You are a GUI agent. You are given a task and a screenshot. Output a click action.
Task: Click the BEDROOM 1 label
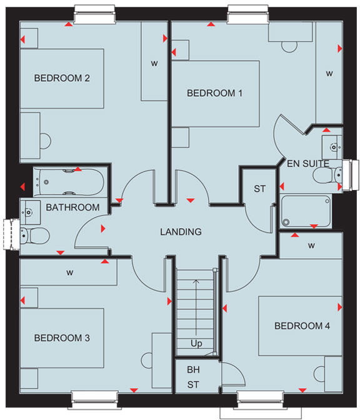[x=215, y=93]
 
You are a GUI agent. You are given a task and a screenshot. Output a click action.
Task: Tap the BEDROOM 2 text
[x=62, y=78]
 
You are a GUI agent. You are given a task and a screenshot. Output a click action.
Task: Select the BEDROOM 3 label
[x=62, y=337]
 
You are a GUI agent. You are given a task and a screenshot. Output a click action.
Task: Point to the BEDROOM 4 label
[x=302, y=326]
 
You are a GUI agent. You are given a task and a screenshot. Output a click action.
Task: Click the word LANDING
[x=181, y=232]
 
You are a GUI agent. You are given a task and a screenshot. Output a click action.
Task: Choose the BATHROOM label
[x=72, y=207]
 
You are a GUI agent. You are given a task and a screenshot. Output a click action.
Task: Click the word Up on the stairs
[x=196, y=344]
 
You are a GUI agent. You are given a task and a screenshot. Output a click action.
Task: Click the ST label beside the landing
[x=259, y=189]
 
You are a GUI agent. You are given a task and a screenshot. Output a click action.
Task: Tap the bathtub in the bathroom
[x=69, y=181]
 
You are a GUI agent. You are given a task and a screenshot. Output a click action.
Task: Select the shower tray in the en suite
[x=306, y=211]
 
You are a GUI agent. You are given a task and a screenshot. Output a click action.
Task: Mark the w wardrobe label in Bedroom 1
[x=329, y=74]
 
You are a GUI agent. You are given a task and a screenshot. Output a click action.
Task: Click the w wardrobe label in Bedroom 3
[x=71, y=272]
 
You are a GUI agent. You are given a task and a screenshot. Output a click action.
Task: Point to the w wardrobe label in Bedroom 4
[x=311, y=246]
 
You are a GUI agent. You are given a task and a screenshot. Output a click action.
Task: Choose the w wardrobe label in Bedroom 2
[x=154, y=64]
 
